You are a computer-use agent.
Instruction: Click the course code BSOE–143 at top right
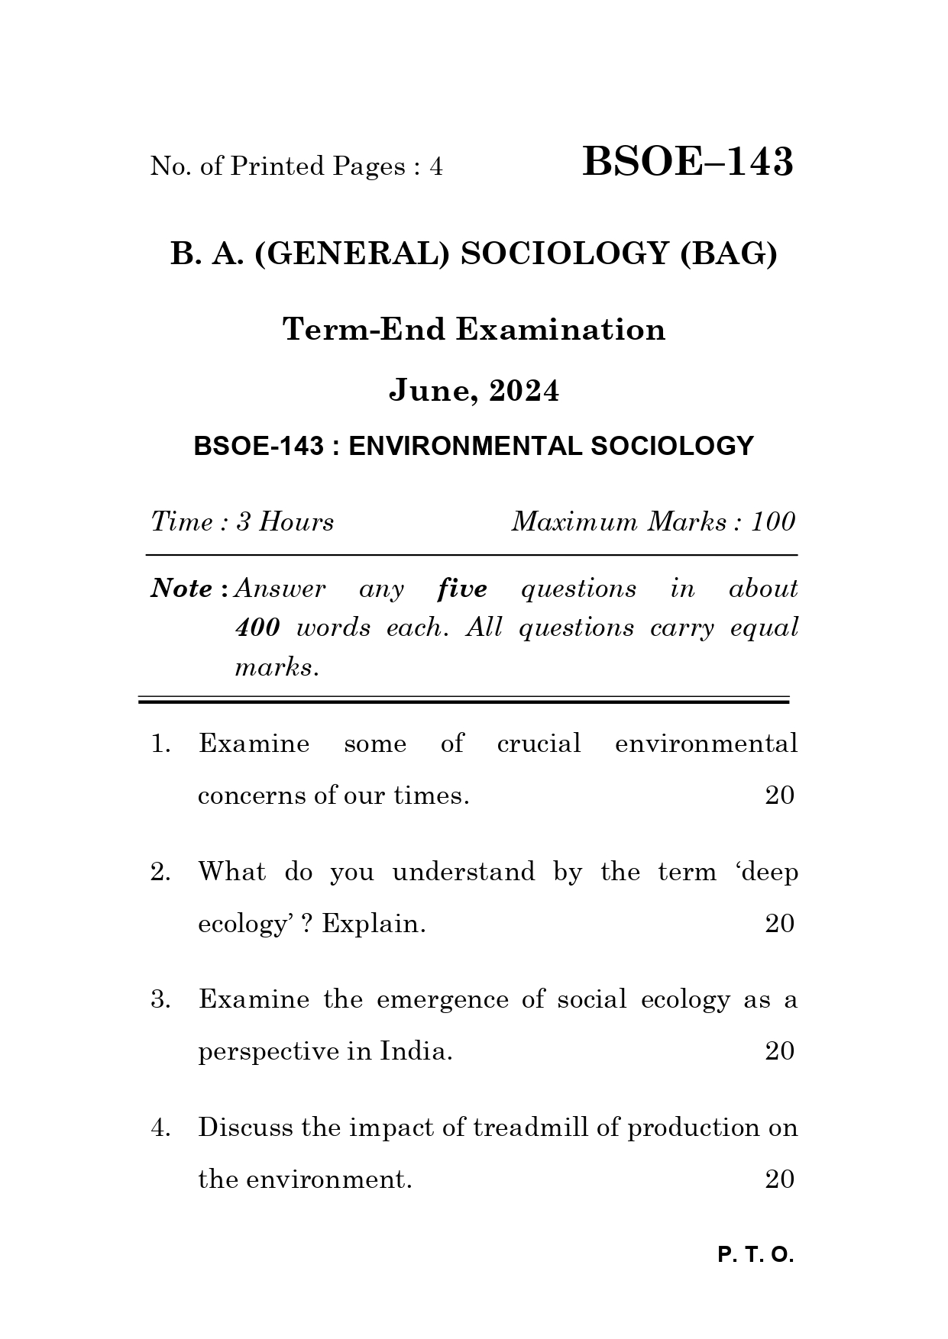688,163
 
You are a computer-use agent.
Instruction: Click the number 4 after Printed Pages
435,166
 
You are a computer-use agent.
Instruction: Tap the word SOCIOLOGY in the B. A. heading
565,253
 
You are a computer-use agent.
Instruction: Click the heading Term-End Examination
474,330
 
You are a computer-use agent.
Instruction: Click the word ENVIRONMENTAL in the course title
466,446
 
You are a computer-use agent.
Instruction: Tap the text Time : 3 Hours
242,522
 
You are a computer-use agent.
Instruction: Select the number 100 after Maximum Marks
773,522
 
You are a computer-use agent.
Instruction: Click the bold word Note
183,589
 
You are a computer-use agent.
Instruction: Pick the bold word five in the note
462,589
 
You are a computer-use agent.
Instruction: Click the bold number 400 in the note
257,628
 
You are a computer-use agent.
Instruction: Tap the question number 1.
160,744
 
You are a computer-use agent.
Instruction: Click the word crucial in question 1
539,744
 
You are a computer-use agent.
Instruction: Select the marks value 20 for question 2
779,924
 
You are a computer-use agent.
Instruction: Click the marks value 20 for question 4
779,1179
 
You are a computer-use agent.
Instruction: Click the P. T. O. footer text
755,1255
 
